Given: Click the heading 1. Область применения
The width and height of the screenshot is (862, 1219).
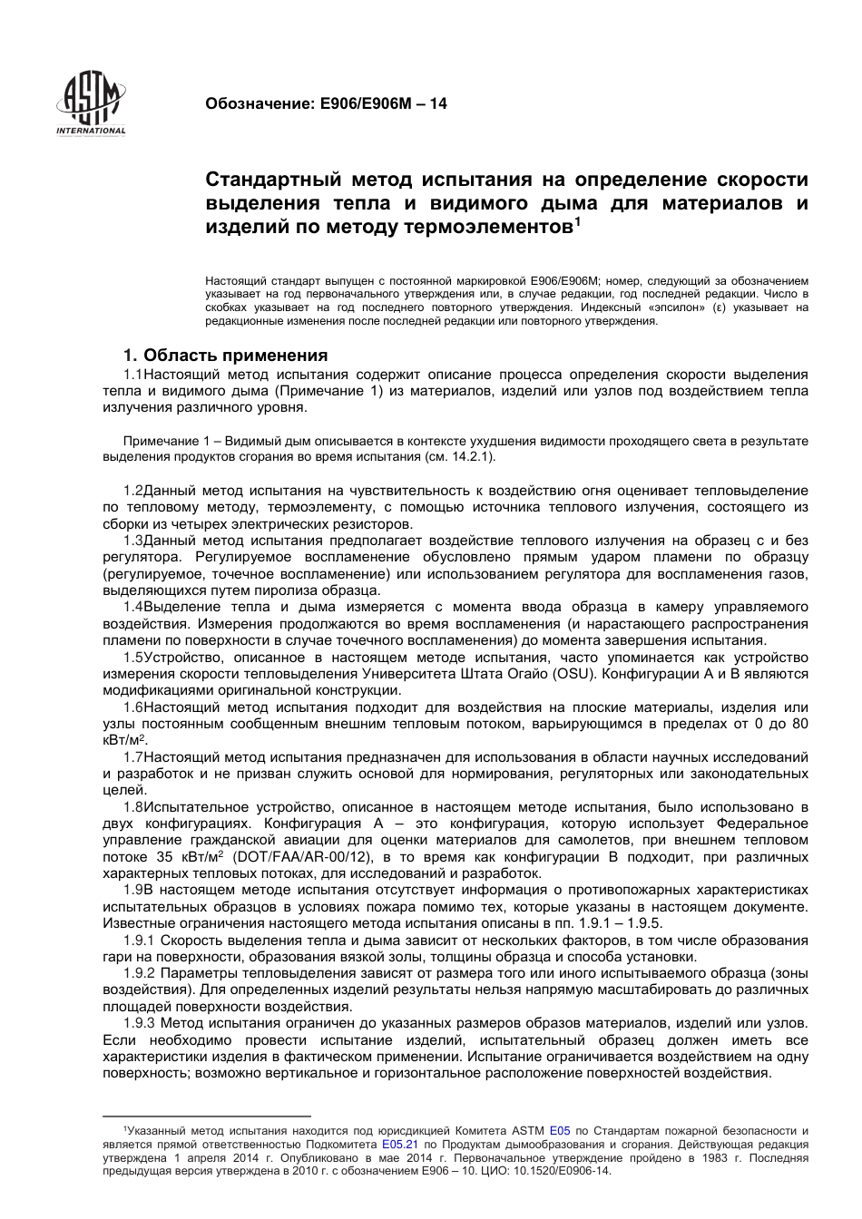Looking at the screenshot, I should [225, 355].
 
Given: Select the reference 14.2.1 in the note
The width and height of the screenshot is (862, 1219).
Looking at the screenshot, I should [471, 456].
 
